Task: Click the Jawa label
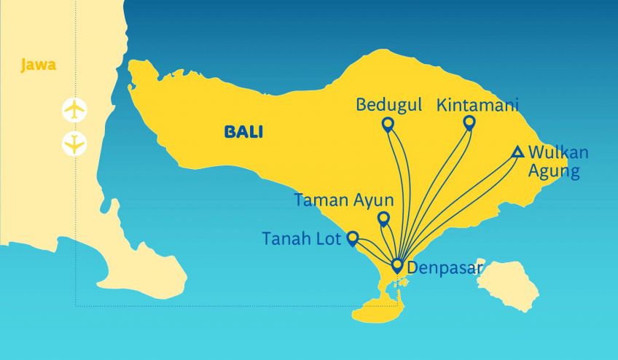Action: click(39, 66)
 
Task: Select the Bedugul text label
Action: click(388, 105)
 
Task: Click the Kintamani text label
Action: click(477, 105)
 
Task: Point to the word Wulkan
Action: click(558, 153)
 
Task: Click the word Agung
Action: click(555, 172)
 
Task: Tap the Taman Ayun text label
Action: click(344, 200)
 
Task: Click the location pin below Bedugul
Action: click(388, 125)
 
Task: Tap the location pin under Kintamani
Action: click(469, 122)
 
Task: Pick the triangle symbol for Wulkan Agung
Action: click(517, 152)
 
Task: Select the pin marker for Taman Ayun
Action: click(383, 218)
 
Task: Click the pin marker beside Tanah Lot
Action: click(352, 238)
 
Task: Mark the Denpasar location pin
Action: click(397, 265)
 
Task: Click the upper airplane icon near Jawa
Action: click(74, 111)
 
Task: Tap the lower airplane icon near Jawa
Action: click(74, 143)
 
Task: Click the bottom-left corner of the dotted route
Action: click(76, 306)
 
